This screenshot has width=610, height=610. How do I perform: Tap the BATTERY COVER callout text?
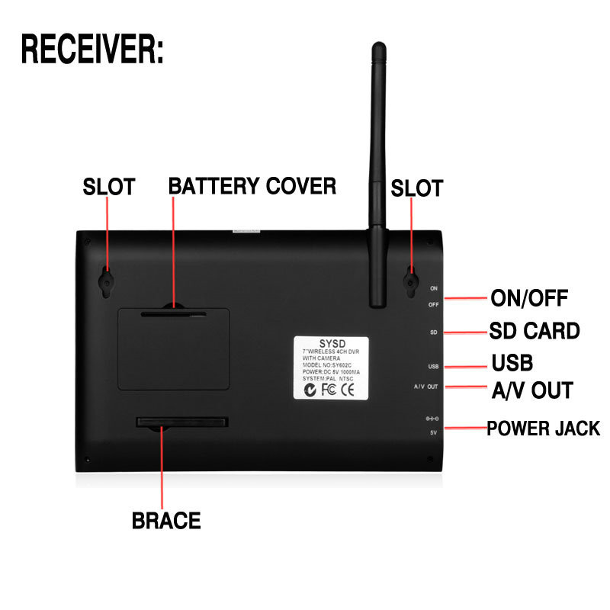pos(252,185)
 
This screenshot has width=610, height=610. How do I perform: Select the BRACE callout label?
pos(166,521)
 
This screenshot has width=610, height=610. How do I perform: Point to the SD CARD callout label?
pos(534,332)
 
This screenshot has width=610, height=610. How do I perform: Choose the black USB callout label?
pos(512,361)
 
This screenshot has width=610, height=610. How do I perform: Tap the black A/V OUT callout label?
pos(531,390)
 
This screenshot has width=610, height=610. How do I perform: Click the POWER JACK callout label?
pos(544,429)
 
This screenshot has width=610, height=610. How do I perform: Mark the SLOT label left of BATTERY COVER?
pos(108,187)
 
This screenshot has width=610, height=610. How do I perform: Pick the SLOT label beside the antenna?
pos(416,188)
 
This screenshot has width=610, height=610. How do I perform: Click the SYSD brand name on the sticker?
pos(332,343)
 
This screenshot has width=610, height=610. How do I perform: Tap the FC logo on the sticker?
pos(330,390)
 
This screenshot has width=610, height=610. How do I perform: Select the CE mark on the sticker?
pos(346,390)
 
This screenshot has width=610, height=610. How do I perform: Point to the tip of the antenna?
pos(377,47)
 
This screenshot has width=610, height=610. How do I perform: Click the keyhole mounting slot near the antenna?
pos(411,283)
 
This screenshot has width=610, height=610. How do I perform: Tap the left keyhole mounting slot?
pos(106,282)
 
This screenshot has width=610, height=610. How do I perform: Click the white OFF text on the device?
pos(433,304)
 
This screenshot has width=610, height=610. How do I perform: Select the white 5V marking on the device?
pos(432,432)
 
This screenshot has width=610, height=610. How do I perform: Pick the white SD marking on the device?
pos(432,332)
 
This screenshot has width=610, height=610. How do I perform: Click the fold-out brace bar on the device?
pos(181,422)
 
